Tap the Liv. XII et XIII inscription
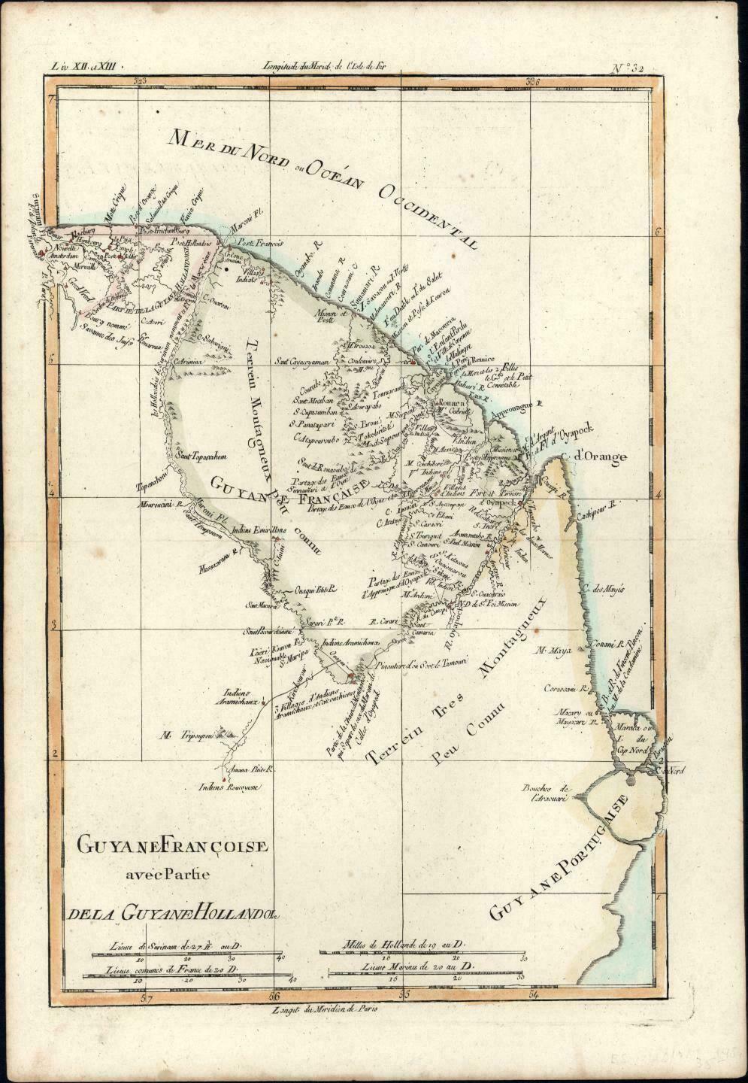[x=82, y=68]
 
